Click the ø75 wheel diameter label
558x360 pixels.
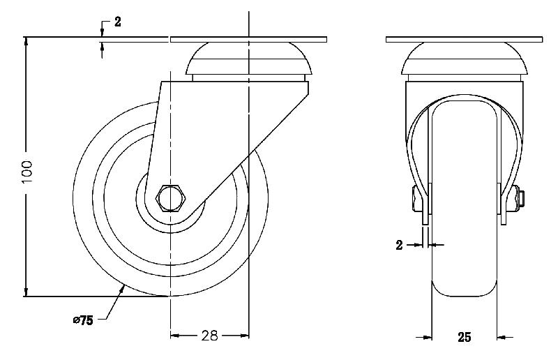click(x=83, y=320)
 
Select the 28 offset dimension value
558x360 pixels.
click(x=209, y=336)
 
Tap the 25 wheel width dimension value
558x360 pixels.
click(x=464, y=338)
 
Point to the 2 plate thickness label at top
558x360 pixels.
click(x=118, y=22)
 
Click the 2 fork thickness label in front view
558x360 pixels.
click(x=399, y=245)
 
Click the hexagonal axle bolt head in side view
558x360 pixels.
click(x=170, y=198)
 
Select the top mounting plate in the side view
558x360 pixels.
click(x=248, y=38)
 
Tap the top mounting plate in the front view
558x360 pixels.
click(x=464, y=38)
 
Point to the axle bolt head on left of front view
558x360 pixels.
click(x=418, y=200)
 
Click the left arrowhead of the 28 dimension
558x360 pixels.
click(x=175, y=336)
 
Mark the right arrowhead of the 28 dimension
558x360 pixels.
click(x=245, y=336)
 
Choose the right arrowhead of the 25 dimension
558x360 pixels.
click(x=502, y=338)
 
